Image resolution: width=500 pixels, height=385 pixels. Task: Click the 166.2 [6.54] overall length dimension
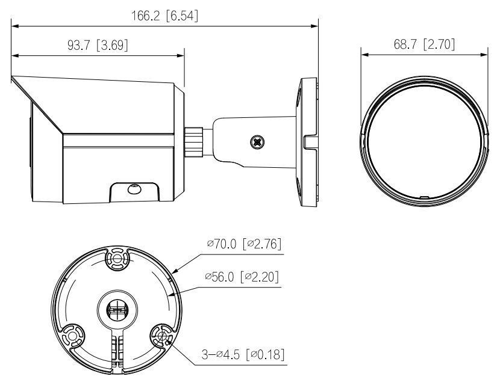click(164, 17)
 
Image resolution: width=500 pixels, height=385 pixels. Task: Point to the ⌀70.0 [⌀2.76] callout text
click(243, 244)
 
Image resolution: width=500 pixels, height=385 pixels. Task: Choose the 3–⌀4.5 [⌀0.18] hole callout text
click(243, 353)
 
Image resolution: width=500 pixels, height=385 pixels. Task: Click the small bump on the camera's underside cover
click(133, 189)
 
